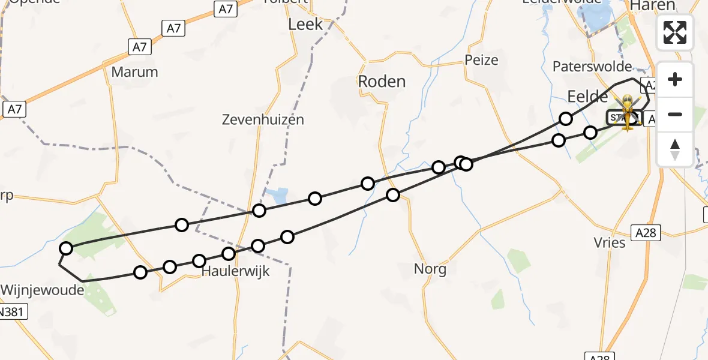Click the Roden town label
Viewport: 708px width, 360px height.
(382, 82)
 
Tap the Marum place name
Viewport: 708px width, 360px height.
(135, 72)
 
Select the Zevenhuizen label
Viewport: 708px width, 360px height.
(263, 119)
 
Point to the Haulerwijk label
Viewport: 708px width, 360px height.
(235, 271)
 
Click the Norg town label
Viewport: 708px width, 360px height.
(430, 269)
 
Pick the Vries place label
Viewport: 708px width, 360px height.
(610, 242)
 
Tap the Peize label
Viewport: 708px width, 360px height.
(481, 60)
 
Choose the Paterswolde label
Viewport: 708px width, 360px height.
(592, 66)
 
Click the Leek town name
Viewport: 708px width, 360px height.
(305, 25)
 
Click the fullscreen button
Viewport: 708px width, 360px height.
(675, 32)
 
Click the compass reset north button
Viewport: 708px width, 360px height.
(675, 149)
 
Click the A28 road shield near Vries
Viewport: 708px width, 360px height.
(646, 233)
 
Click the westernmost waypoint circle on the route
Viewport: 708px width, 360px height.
(66, 248)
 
